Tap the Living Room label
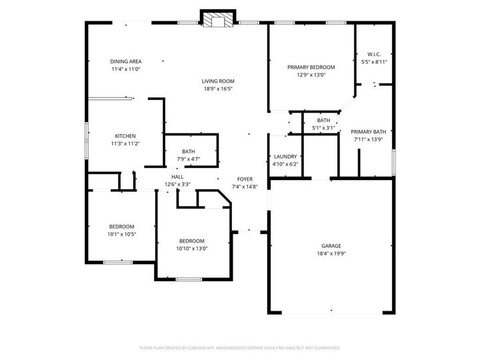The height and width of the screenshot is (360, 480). tap(218, 81)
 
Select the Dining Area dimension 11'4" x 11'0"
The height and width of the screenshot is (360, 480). tap(125, 69)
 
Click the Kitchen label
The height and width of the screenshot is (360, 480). tap(125, 136)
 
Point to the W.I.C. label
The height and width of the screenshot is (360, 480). tap(373, 54)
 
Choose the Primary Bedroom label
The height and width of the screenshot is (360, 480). tap(311, 67)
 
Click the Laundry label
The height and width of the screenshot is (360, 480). tap(285, 157)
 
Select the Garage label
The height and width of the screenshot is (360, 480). tap(331, 245)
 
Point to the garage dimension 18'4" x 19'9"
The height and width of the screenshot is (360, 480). tap(331, 253)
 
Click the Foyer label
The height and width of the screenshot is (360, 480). tap(244, 179)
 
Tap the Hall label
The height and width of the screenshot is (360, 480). tap(177, 177)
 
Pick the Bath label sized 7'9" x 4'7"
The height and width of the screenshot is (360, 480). tap(188, 151)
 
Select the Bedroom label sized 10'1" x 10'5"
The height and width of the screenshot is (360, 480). tap(122, 227)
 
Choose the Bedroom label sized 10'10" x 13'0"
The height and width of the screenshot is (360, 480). tap(191, 241)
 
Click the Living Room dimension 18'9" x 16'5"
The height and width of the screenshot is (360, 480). tap(218, 89)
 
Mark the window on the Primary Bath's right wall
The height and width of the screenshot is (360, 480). tap(395, 160)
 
